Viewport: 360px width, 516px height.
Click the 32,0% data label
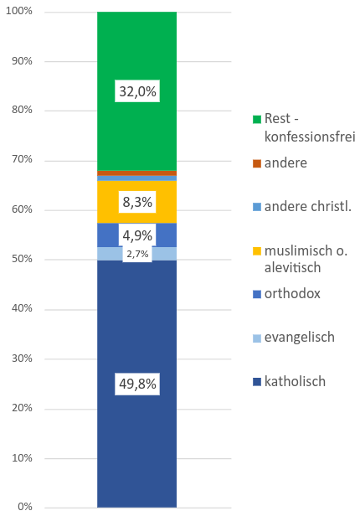point(136,92)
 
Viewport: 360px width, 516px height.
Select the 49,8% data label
point(136,384)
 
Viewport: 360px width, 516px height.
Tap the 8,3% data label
point(136,201)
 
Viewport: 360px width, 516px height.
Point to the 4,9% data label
point(136,235)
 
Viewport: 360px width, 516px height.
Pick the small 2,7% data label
point(136,254)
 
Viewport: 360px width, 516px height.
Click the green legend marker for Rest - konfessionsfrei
point(256,119)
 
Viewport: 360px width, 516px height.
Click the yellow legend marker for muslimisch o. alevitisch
point(256,250)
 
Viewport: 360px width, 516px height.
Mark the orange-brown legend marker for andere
point(256,163)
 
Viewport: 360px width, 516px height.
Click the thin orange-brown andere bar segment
point(136,173)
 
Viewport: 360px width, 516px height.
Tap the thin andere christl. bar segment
point(136,178)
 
